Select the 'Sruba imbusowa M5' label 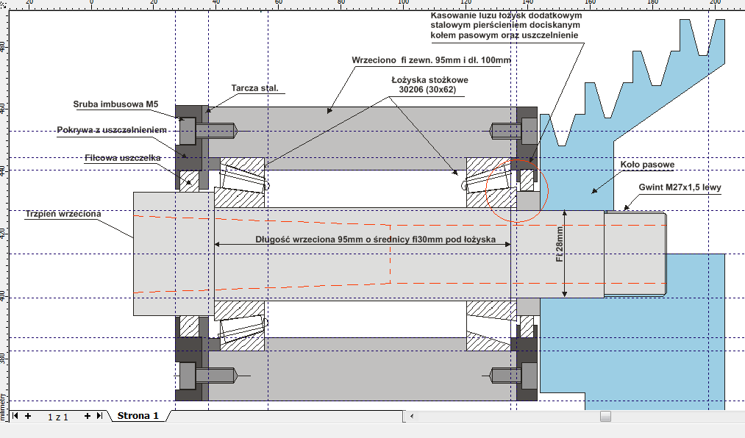[116, 104]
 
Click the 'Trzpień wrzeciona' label [62, 214]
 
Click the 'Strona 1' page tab [138, 416]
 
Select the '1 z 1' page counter [58, 417]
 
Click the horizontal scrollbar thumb [605, 417]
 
